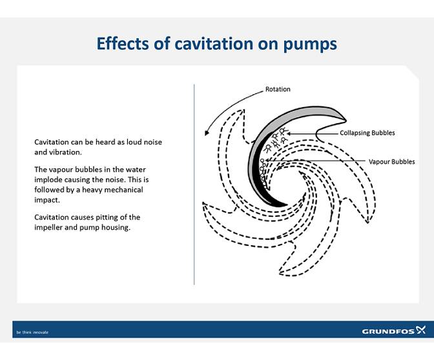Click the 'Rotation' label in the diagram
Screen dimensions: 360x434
coord(278,89)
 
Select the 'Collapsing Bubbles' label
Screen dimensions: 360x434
coord(367,133)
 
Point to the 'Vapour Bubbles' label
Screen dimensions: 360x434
coord(391,161)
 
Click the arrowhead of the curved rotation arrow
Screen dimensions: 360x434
coord(206,133)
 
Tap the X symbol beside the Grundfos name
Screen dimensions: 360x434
coord(421,330)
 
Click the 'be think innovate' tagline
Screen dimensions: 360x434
coord(32,332)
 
